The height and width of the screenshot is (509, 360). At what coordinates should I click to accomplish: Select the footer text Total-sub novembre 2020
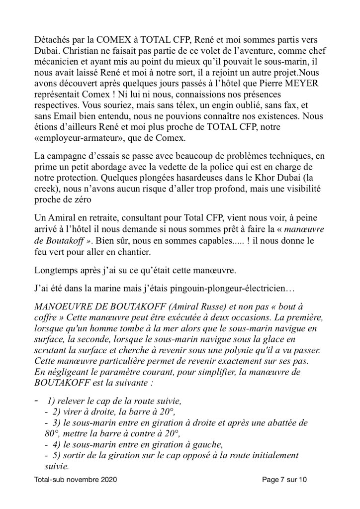(76, 482)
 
